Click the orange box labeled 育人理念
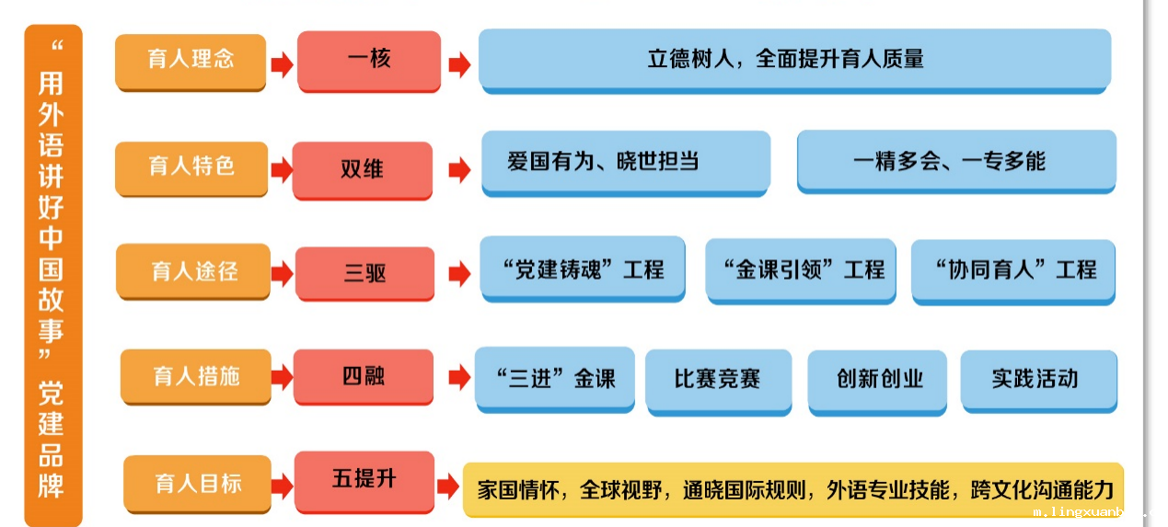(191, 63)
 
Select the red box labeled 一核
(369, 62)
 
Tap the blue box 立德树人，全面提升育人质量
(794, 62)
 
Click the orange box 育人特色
(191, 169)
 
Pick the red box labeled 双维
(363, 170)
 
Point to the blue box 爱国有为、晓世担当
(626, 164)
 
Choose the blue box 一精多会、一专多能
(956, 162)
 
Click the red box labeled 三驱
(365, 274)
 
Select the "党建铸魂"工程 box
(583, 269)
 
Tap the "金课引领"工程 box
(801, 271)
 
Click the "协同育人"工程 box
(1013, 272)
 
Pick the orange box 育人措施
(196, 377)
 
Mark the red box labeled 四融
(364, 377)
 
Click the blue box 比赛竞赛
(719, 382)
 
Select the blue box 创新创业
(877, 384)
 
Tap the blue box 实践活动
(1039, 382)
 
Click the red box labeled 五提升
(364, 482)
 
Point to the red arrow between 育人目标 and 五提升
(282, 486)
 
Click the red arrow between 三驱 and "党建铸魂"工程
(459, 274)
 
